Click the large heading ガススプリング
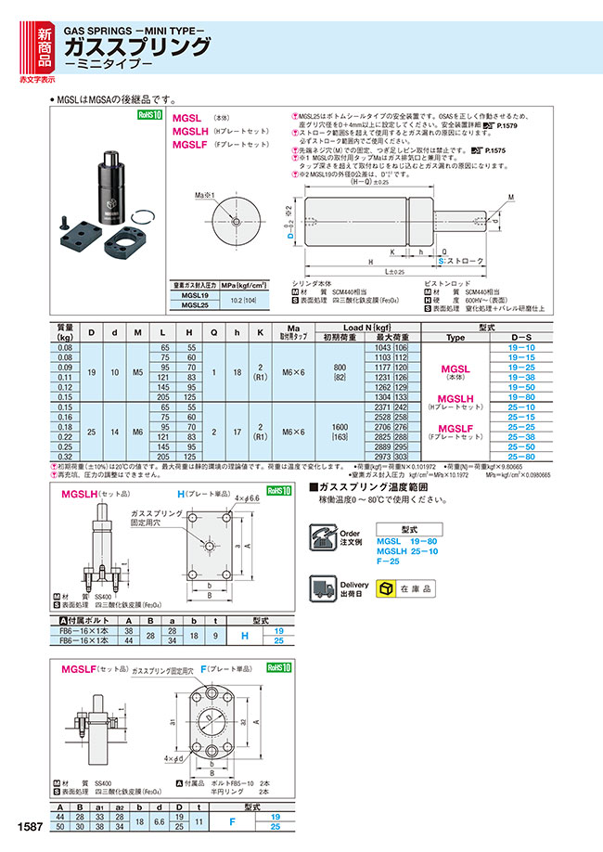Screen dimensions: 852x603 pos(136,46)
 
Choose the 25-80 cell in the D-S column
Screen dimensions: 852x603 pos(522,458)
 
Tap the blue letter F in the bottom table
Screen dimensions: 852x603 pos(219,820)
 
